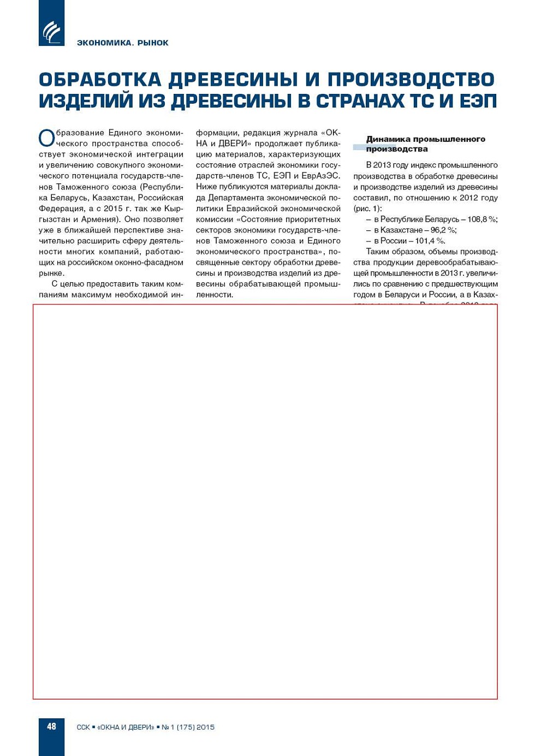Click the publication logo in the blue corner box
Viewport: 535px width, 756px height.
[x=52, y=32]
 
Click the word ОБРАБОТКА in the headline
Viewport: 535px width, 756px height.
[x=100, y=80]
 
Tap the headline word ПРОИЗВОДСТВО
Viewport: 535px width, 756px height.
[x=411, y=80]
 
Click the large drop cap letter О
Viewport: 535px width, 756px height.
[x=46, y=138]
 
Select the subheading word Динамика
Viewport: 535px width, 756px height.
[x=388, y=139]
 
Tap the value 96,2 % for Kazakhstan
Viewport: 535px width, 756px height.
[x=443, y=230]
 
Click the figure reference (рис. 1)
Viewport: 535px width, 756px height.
[x=367, y=209]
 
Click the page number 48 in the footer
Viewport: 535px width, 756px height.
[x=51, y=726]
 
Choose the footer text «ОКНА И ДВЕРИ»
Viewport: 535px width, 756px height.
[x=126, y=727]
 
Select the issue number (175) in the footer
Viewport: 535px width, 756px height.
[x=186, y=727]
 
